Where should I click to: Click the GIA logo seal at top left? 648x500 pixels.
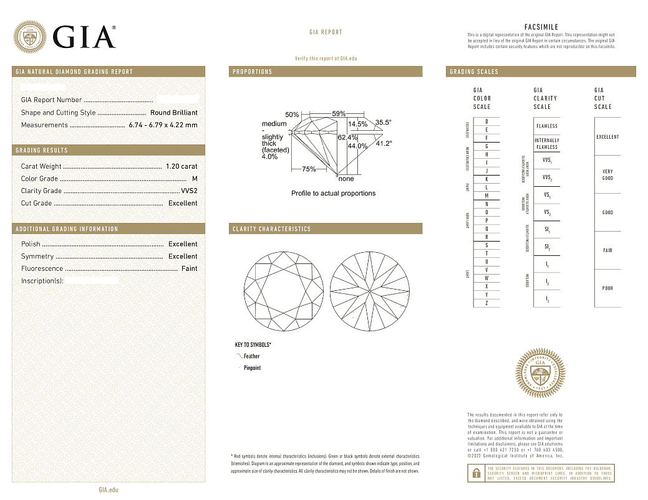[30, 37]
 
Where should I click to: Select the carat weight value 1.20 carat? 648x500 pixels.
[181, 166]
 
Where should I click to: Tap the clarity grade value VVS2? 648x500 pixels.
[189, 191]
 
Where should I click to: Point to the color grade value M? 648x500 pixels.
[195, 179]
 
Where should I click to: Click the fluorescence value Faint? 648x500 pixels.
[189, 268]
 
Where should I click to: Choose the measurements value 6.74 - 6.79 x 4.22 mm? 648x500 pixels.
[163, 125]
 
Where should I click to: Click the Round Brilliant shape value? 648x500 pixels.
[173, 113]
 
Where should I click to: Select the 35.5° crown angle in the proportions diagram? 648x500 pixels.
[383, 123]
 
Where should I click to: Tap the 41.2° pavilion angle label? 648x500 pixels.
[383, 143]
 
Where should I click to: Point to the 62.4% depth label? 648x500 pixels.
[347, 137]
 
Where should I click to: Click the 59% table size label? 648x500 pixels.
[339, 114]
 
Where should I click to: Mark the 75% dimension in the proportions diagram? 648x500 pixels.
[308, 169]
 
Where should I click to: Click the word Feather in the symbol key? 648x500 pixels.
[251, 356]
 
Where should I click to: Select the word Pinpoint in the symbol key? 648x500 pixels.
[252, 368]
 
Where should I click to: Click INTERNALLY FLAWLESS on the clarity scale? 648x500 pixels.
[547, 144]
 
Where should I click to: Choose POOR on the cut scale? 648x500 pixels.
[607, 288]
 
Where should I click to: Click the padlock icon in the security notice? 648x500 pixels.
[475, 473]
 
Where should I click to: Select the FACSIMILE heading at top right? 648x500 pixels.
[541, 27]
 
